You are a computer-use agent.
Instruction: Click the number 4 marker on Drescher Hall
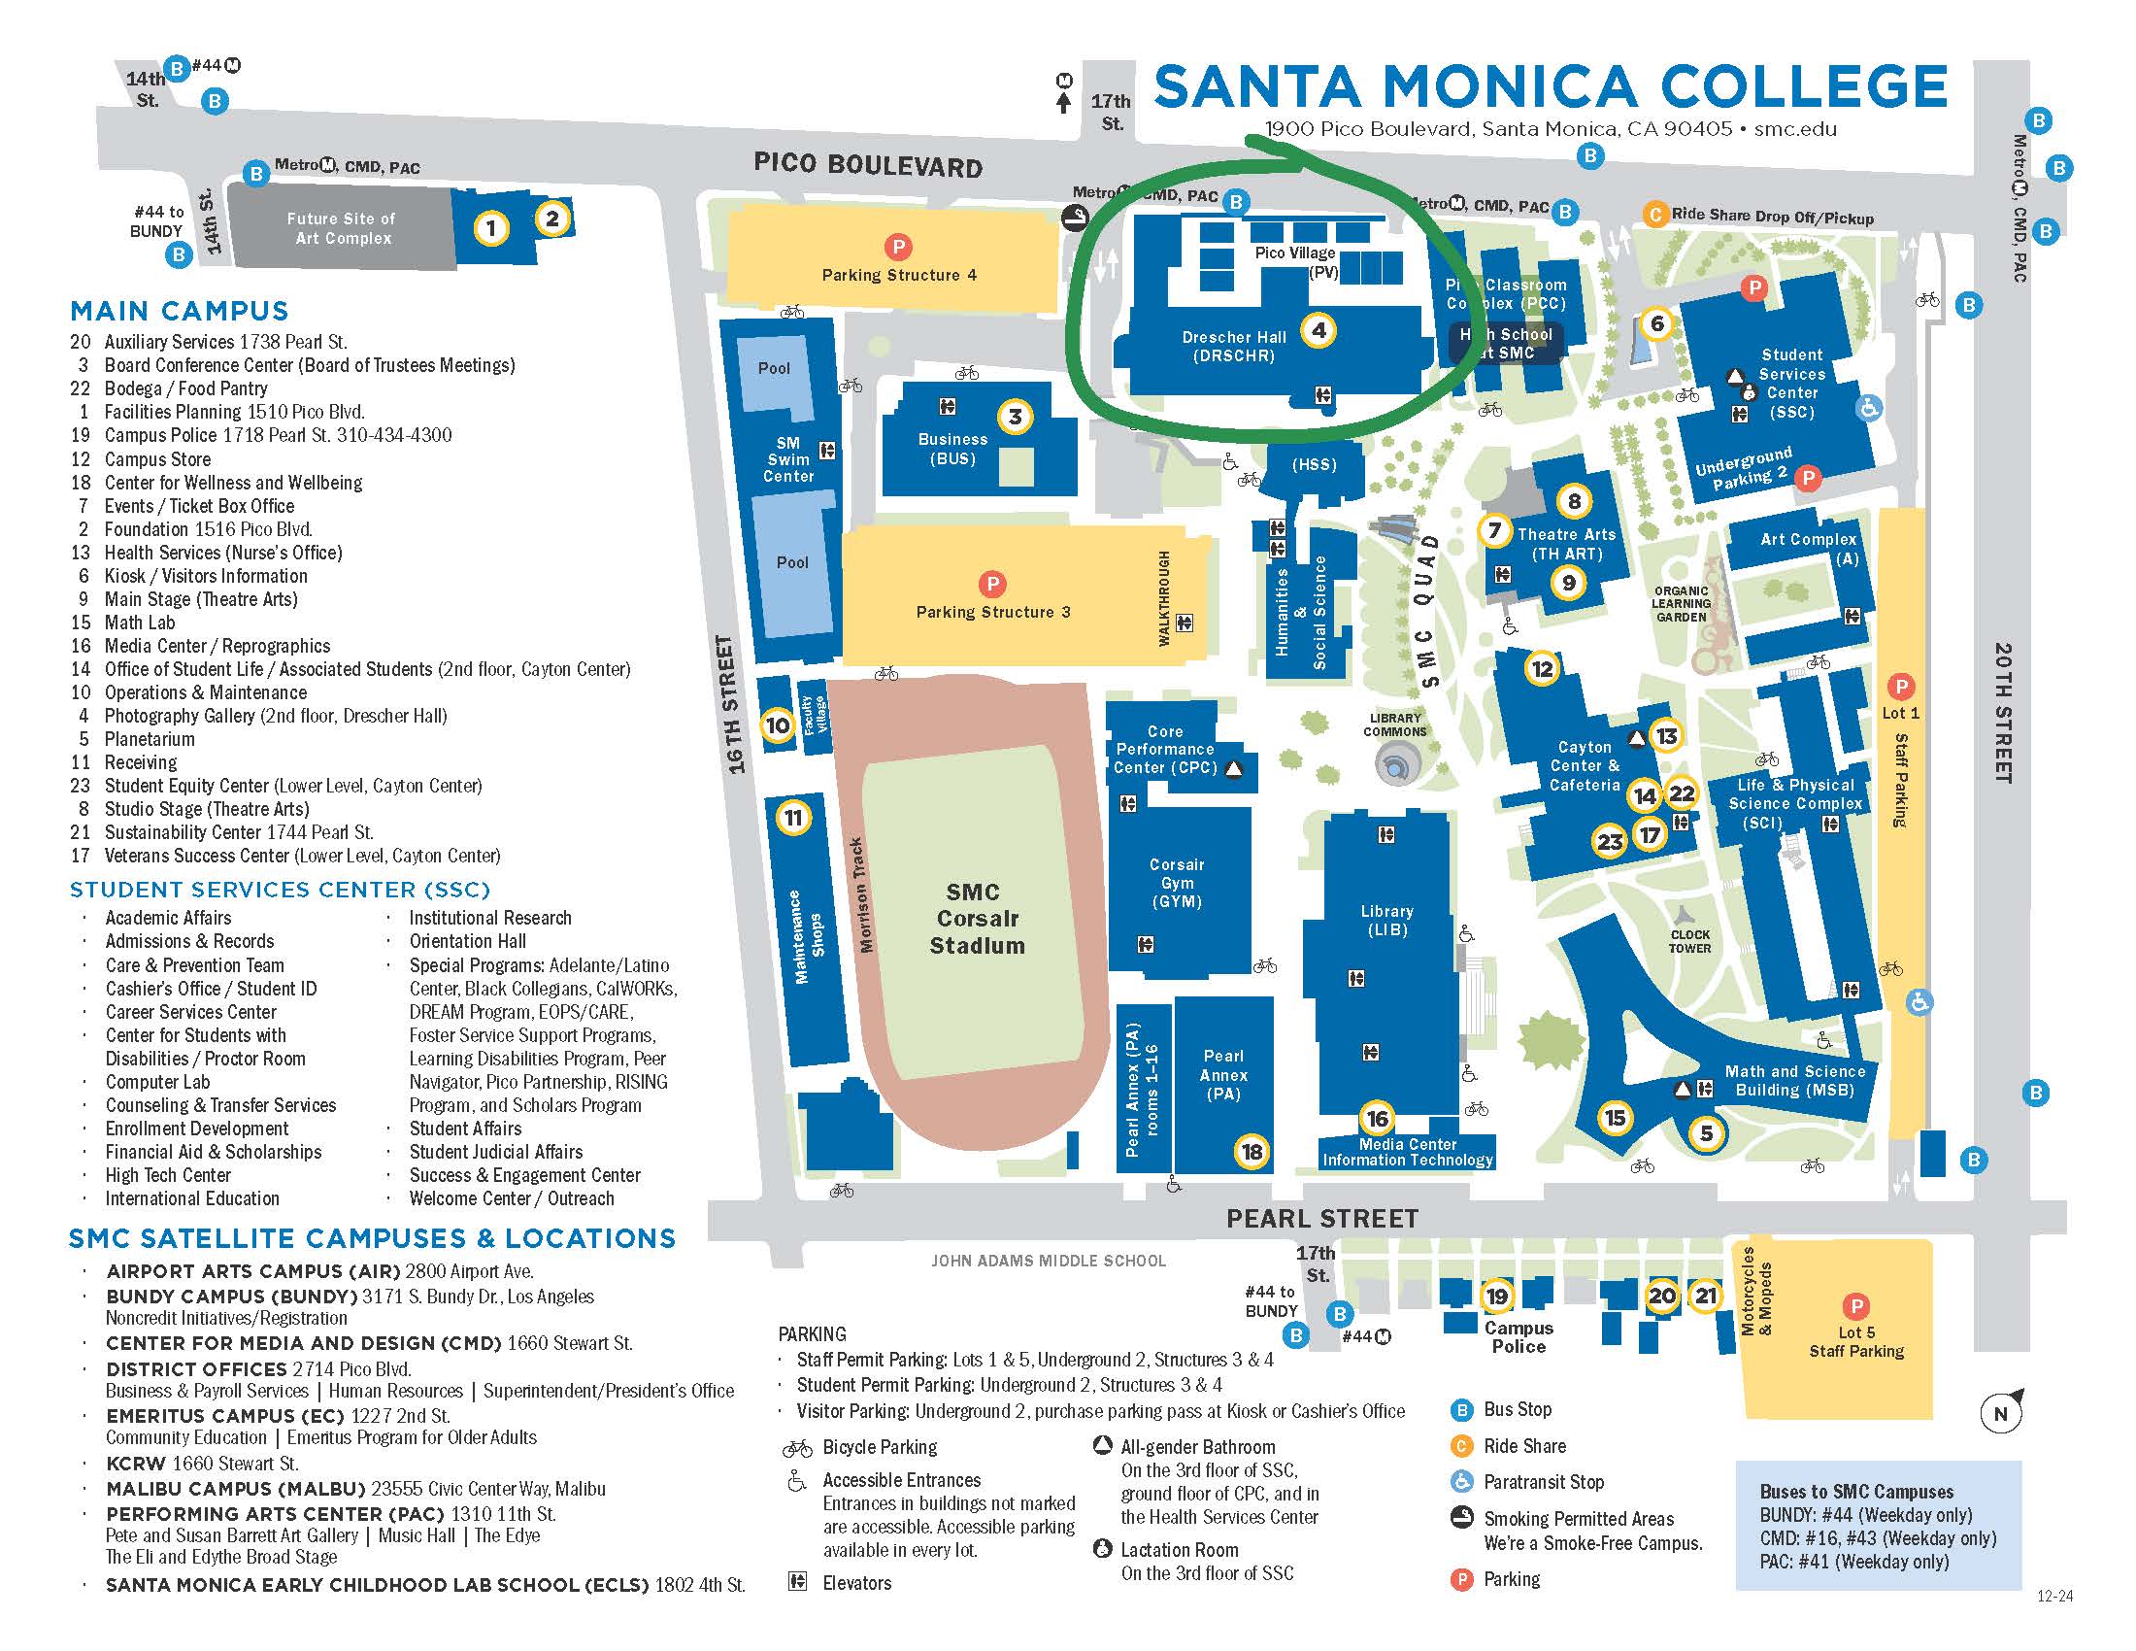1318,330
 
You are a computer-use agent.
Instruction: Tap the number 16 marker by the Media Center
1377,1118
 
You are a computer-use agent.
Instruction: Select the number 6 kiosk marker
1655,322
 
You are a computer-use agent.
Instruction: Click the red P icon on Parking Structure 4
897,247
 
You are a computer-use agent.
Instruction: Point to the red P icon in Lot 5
1855,1305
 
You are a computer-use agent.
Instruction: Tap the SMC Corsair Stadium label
976,919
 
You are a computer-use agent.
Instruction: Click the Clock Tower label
1690,941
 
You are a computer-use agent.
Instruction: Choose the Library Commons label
1394,724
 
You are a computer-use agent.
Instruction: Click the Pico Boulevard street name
867,165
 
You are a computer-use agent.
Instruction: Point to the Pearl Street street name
1322,1218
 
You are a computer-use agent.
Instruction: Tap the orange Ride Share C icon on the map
1654,215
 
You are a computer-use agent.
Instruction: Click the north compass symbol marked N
2000,1412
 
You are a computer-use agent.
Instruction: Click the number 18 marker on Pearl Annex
1252,1151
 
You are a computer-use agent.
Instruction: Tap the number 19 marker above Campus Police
1497,1296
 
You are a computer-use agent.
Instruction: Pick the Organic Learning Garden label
1681,603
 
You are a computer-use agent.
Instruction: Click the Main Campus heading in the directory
179,311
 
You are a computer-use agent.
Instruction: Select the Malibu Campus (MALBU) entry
235,1489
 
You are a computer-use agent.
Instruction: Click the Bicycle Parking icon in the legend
797,1448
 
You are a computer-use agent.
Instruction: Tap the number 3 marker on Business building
1016,417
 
